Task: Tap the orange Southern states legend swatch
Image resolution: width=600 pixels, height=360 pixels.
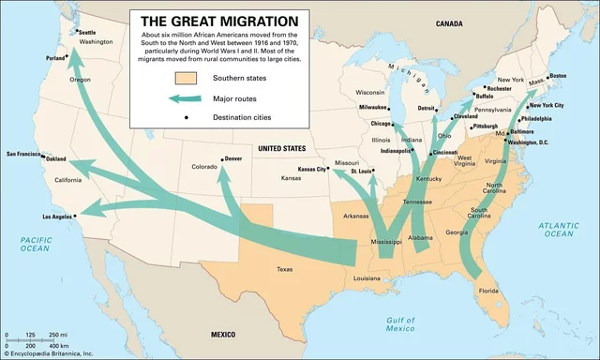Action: [x=186, y=79]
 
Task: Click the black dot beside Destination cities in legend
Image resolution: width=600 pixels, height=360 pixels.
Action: [x=186, y=116]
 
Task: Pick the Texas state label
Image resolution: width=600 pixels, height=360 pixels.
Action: [x=284, y=269]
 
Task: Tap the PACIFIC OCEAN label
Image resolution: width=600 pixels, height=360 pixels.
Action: [x=35, y=246]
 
